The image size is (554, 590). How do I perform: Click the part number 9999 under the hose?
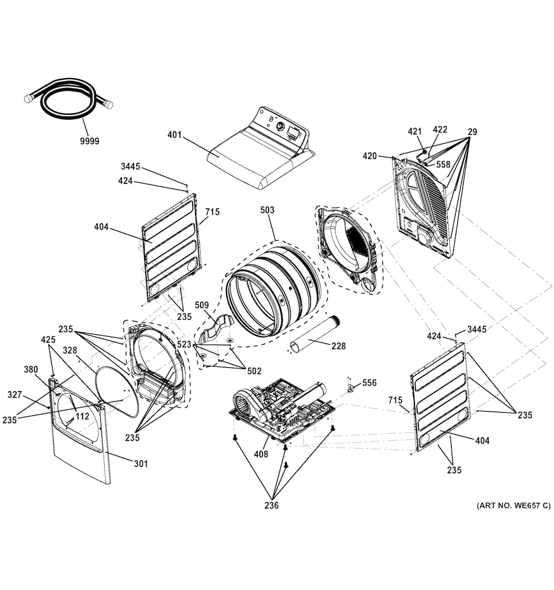(89, 141)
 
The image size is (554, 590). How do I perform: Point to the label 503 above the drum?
(267, 211)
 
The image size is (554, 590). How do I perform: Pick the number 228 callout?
(338, 346)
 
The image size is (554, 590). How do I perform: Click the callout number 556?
(370, 383)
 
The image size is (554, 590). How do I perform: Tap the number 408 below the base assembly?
(261, 454)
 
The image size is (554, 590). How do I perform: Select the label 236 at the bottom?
(271, 505)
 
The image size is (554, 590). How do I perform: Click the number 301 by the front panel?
(141, 464)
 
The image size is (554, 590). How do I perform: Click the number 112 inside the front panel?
(82, 417)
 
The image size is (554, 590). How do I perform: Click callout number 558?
(443, 164)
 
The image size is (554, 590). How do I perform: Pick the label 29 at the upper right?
(472, 132)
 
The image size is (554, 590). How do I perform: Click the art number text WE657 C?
(513, 505)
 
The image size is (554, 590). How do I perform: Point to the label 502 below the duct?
(254, 371)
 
